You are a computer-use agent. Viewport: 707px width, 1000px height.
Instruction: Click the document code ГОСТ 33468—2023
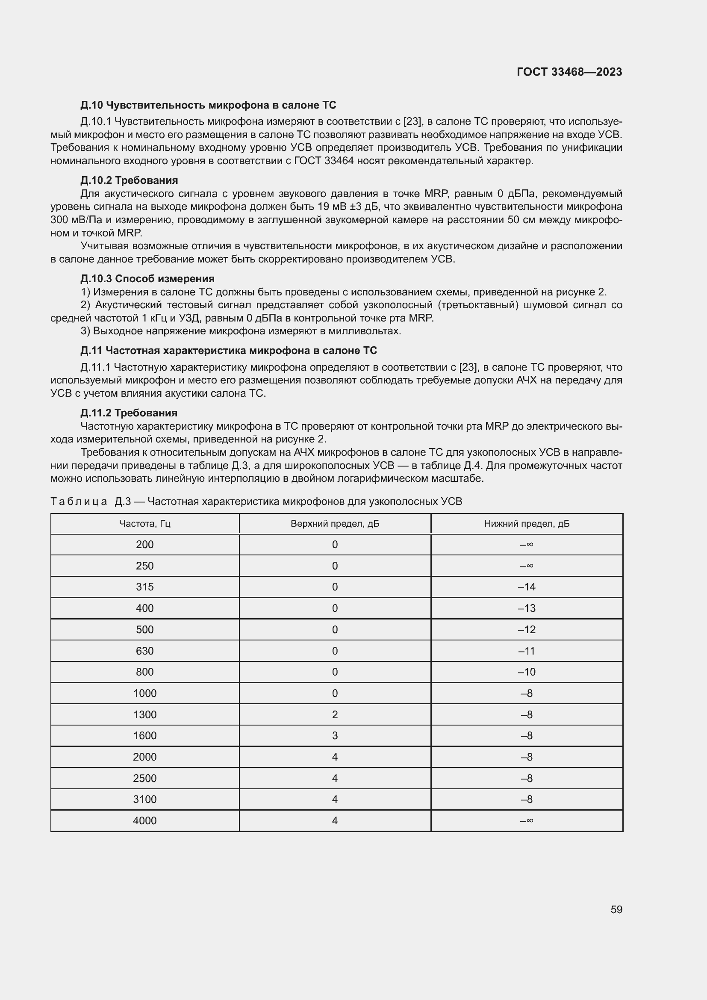[569, 72]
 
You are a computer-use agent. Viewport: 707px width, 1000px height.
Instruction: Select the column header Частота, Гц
[144, 524]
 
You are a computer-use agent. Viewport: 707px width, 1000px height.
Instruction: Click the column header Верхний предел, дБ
[335, 524]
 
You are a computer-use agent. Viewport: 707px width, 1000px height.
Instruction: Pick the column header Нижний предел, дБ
[527, 524]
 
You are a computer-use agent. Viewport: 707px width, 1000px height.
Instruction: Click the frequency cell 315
[144, 587]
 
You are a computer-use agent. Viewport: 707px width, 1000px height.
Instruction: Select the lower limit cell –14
[527, 587]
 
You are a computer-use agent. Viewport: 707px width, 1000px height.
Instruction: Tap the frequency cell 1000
[144, 693]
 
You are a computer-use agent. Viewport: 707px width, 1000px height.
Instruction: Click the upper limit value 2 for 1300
[335, 714]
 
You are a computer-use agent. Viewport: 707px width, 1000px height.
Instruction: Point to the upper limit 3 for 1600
[335, 735]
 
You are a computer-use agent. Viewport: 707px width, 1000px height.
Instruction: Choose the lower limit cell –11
[527, 651]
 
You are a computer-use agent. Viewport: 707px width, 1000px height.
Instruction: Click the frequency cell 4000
[144, 820]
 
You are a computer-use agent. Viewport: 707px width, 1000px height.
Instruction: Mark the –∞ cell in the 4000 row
[527, 820]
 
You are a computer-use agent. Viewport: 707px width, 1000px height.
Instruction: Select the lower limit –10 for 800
[527, 672]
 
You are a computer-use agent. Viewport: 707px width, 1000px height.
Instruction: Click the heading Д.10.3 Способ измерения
[147, 278]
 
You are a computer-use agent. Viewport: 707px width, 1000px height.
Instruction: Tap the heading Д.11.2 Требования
[129, 413]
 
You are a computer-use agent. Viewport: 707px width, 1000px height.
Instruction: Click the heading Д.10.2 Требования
[129, 180]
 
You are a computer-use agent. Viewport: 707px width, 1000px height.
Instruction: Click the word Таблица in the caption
[79, 501]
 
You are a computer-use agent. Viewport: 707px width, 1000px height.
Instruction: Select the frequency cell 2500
[144, 778]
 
